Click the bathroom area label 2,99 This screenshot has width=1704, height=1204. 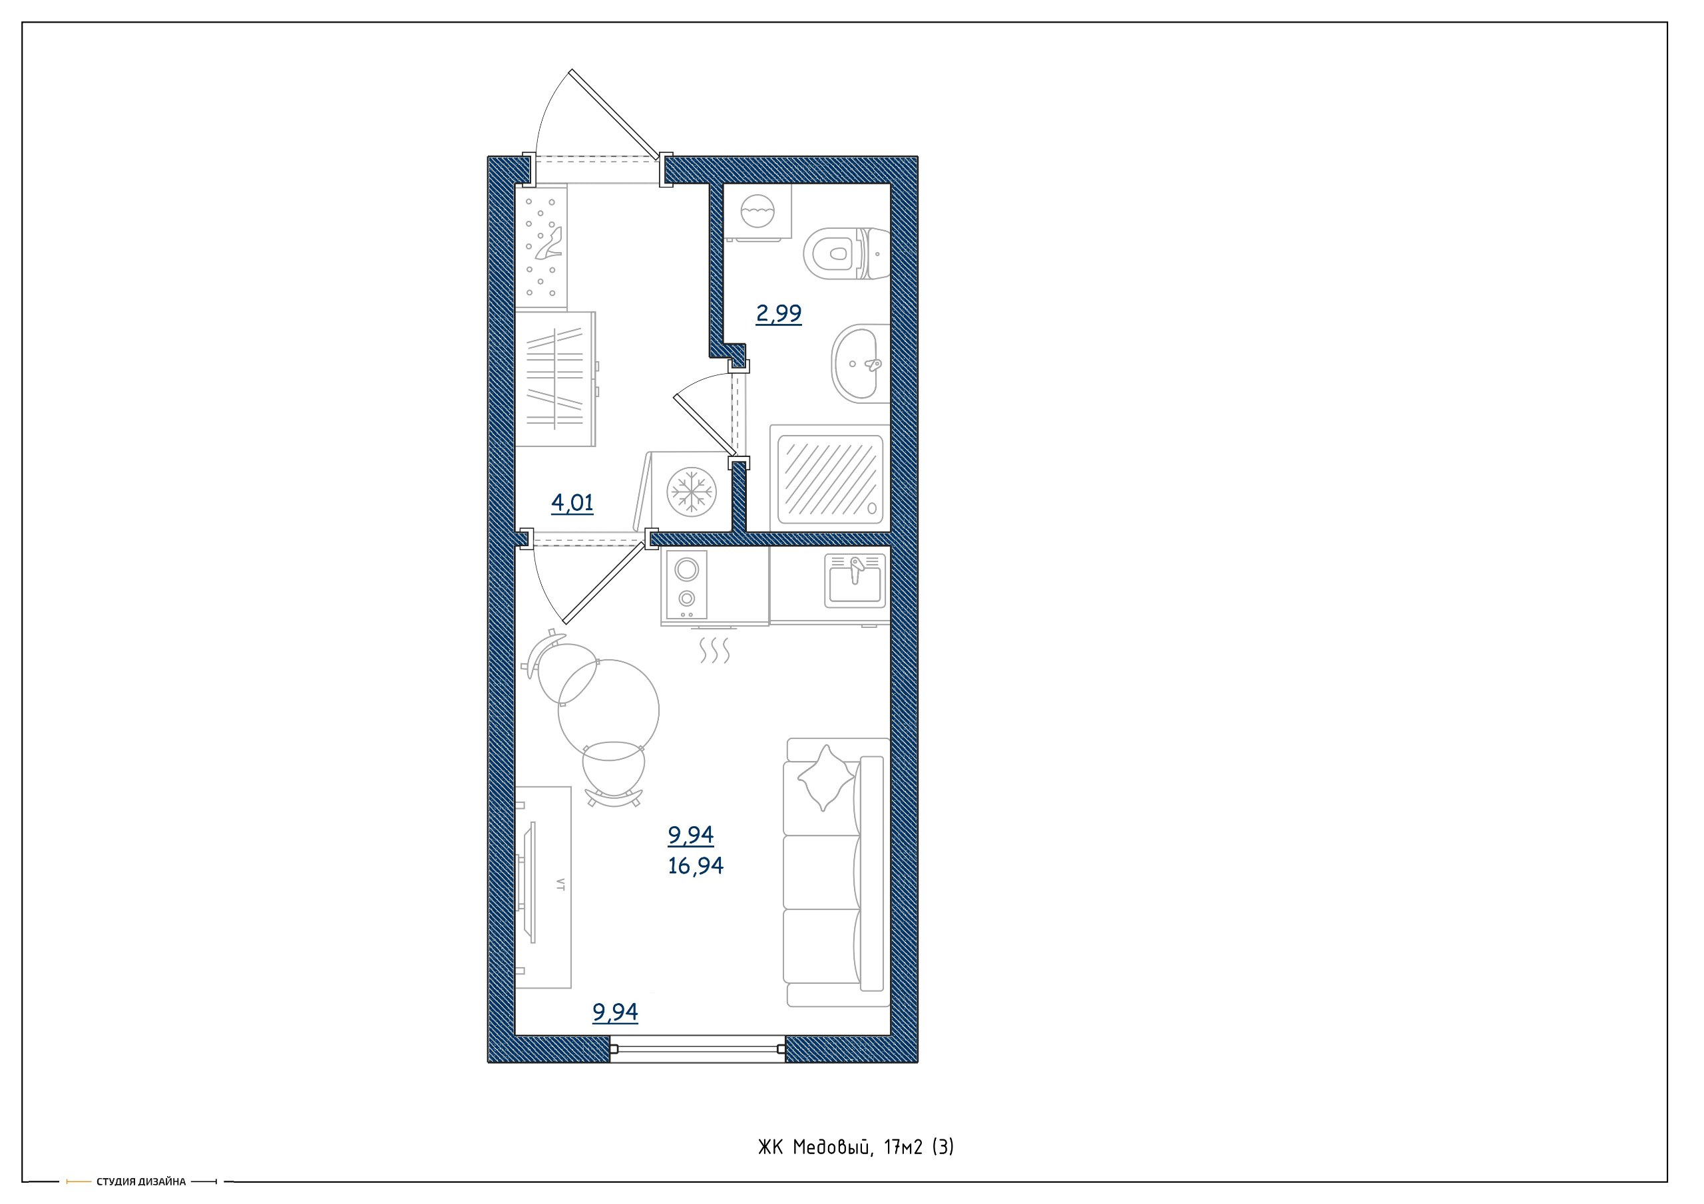tap(779, 314)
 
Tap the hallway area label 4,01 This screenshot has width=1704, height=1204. tap(572, 504)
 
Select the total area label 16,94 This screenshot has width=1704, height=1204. tap(696, 865)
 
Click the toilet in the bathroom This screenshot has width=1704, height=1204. tap(846, 253)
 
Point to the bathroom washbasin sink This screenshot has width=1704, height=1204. tap(859, 363)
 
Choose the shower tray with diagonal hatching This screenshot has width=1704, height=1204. tap(830, 478)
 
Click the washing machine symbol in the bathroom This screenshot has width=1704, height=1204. tap(757, 212)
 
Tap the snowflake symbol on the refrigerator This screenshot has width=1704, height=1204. tap(691, 491)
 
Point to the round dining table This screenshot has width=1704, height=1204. tap(608, 707)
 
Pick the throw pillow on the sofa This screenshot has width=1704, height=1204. tap(825, 778)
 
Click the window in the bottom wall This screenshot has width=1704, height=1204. tap(698, 1049)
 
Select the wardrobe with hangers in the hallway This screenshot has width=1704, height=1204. tap(556, 379)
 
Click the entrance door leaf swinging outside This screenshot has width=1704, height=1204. tap(615, 115)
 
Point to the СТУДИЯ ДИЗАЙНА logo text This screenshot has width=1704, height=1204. tap(141, 1182)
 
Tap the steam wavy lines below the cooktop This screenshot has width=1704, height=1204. tap(715, 650)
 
